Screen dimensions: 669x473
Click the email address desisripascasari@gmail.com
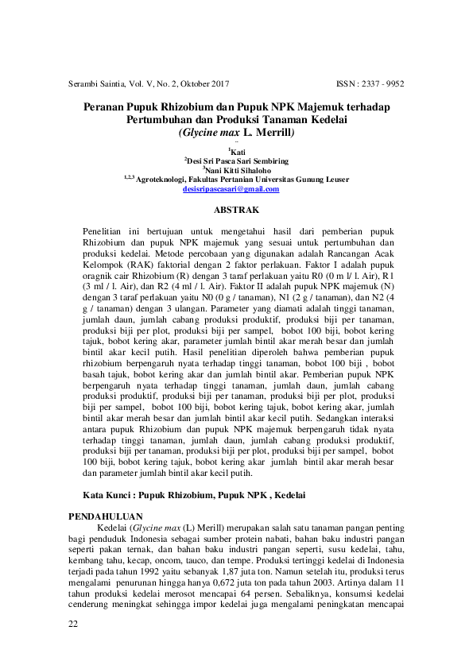(x=231, y=189)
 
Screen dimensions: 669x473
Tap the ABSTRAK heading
(x=237, y=211)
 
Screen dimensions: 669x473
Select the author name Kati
(x=238, y=149)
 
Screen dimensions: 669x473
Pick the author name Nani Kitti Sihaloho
(x=237, y=169)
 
